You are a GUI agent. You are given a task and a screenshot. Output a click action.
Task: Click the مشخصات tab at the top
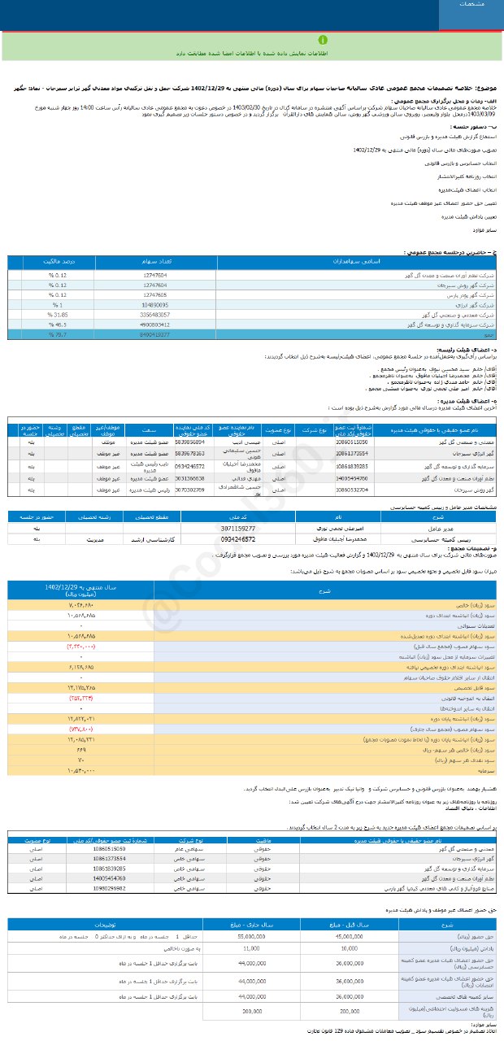(x=471, y=5)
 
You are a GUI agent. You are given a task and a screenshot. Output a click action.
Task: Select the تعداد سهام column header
(x=155, y=263)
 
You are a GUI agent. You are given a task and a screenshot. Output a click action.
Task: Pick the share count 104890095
(x=155, y=304)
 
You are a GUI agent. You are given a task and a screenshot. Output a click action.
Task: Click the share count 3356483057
(x=155, y=314)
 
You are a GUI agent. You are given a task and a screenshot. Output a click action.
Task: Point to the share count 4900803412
(x=155, y=324)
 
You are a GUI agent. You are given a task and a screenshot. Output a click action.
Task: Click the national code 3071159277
(x=237, y=528)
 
